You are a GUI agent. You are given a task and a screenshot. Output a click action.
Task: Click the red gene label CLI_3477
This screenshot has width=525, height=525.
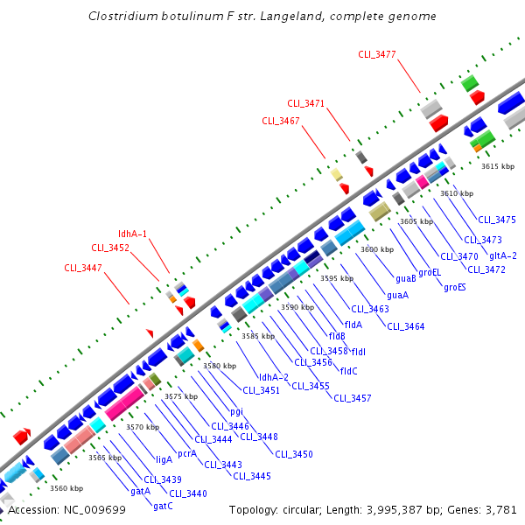[377, 54]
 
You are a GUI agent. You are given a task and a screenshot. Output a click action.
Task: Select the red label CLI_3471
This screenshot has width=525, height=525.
[306, 103]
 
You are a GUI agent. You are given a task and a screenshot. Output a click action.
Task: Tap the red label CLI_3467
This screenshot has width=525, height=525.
[281, 121]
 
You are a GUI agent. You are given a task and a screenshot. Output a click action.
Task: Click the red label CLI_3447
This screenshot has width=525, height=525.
[83, 268]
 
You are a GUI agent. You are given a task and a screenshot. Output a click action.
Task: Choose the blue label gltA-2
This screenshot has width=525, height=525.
[503, 255]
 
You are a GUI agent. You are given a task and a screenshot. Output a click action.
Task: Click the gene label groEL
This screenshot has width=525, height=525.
[430, 272]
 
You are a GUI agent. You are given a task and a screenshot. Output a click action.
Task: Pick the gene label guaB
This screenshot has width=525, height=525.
[405, 278]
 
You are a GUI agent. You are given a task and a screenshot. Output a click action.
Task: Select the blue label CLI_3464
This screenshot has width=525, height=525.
[405, 326]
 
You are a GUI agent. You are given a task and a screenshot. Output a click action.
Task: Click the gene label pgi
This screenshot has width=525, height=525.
[236, 410]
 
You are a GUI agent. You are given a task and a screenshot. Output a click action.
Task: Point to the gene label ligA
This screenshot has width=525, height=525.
[164, 458]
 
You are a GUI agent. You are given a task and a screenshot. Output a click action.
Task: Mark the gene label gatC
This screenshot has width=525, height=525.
[163, 506]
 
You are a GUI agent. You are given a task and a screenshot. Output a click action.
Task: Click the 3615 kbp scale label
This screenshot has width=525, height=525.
[497, 166]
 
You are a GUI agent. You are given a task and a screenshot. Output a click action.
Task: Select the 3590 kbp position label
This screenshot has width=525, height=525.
[297, 307]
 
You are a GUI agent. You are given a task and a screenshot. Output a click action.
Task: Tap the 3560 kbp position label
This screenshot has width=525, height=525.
[66, 488]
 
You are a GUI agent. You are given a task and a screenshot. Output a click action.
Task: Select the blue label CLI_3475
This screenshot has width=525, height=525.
[497, 220]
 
